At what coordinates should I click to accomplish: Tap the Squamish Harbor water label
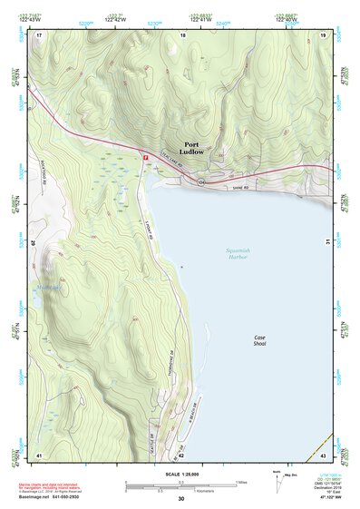[x=238, y=253]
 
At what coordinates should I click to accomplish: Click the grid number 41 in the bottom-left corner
[x=39, y=455]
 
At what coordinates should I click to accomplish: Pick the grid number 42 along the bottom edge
[x=180, y=455]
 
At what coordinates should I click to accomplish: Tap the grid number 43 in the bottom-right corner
[x=323, y=455]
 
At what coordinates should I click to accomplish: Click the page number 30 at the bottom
[x=180, y=499]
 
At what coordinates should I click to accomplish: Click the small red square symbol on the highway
[x=145, y=156]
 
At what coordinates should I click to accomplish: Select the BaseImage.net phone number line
[x=57, y=497]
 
